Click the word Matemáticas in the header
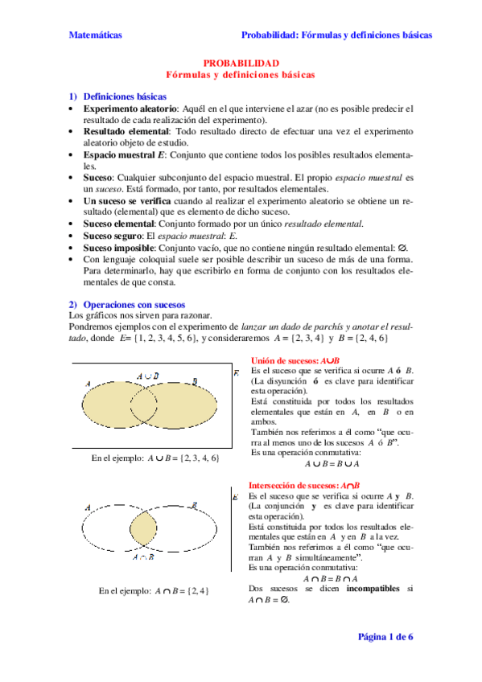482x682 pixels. click(95, 35)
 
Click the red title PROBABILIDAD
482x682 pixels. click(241, 63)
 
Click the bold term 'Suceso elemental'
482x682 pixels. click(120, 224)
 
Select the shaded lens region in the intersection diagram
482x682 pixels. click(143, 530)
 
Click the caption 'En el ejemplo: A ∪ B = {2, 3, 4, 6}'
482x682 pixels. click(154, 458)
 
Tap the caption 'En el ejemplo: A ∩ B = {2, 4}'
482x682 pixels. click(154, 591)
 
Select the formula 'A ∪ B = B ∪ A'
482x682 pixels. click(332, 463)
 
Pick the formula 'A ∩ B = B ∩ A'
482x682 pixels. click(331, 578)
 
